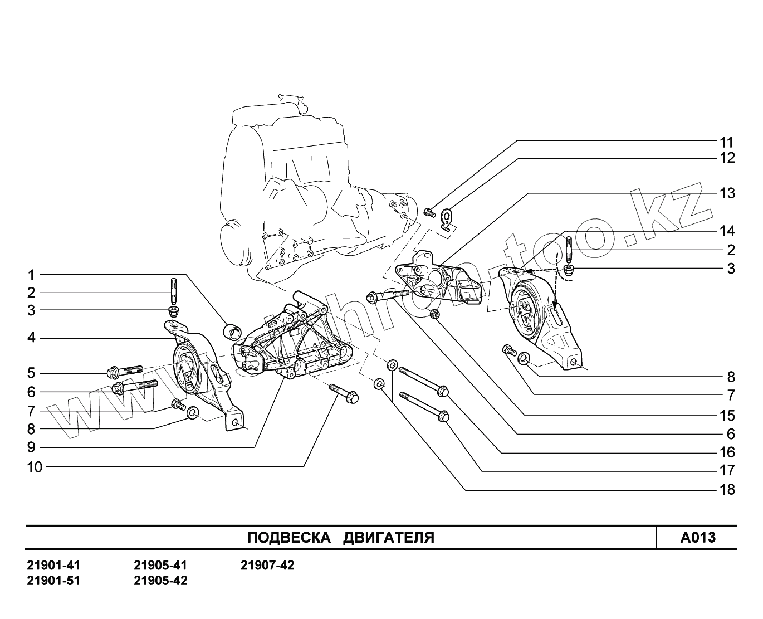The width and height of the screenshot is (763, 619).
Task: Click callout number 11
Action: pos(727,143)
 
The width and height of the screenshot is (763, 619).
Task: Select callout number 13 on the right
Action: pos(727,194)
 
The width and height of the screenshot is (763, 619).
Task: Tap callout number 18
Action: pos(727,490)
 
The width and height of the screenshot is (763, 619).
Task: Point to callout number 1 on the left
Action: pos(31,275)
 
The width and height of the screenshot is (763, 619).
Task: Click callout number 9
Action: pos(31,447)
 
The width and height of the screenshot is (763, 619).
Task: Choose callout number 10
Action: pos(34,467)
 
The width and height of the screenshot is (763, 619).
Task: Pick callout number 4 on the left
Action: pos(31,338)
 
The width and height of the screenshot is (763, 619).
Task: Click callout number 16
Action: pos(727,452)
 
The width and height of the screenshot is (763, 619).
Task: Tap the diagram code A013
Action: pos(697,538)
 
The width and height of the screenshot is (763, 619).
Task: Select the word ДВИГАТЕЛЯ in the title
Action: pos(388,538)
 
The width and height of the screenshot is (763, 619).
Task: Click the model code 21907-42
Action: pos(267,566)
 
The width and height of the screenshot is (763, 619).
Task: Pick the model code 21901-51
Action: pos(53,581)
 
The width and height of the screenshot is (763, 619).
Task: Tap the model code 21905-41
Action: pos(160,566)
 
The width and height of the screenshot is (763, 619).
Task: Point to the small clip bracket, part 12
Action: pos(447,218)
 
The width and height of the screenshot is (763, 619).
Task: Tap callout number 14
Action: pos(727,231)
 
